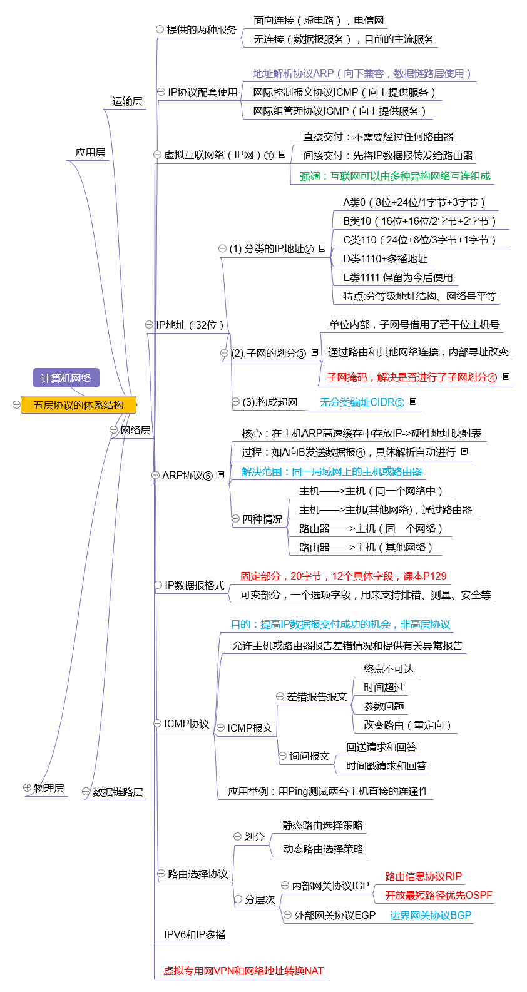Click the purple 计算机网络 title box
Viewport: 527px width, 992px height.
tap(66, 378)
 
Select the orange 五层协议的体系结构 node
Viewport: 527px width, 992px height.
tap(78, 405)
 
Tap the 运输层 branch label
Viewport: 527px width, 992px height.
tap(127, 101)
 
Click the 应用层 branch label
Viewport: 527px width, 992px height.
tap(90, 153)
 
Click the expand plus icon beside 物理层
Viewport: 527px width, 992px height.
tap(27, 788)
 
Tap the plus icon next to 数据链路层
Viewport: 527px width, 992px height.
tap(86, 792)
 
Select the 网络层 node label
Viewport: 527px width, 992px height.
tap(135, 430)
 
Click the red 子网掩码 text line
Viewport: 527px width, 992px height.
tap(411, 377)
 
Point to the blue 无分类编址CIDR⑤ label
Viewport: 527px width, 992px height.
tap(362, 402)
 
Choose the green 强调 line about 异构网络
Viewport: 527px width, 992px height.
tap(395, 176)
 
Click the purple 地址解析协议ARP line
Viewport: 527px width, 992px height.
tap(362, 73)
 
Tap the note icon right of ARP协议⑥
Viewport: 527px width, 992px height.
tap(221, 475)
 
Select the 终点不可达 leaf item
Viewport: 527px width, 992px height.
tap(389, 669)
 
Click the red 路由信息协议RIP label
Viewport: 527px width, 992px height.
tap(423, 876)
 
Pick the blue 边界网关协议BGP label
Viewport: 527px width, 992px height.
tap(431, 915)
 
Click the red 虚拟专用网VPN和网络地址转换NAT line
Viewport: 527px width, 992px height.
tap(243, 971)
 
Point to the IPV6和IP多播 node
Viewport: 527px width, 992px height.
tap(195, 934)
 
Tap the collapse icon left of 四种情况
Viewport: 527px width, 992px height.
tap(236, 519)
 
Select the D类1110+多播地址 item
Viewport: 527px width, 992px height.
tap(385, 258)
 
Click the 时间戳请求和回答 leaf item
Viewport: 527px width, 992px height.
tap(386, 765)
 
